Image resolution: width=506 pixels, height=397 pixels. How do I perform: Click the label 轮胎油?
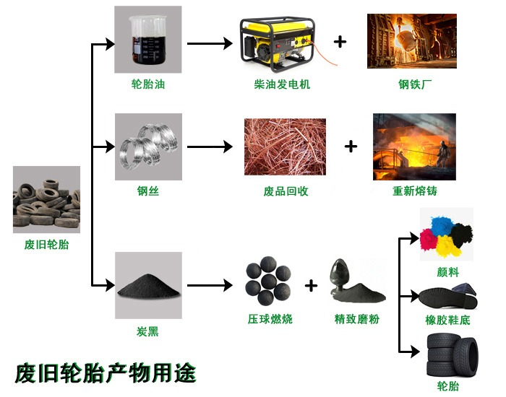(x=147, y=84)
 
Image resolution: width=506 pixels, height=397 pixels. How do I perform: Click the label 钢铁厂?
(x=414, y=84)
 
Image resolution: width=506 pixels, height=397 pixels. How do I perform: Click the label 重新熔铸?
(x=414, y=192)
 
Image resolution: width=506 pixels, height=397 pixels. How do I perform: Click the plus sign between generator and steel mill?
(x=340, y=42)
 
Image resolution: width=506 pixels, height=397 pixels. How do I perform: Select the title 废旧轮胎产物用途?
(x=106, y=372)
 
